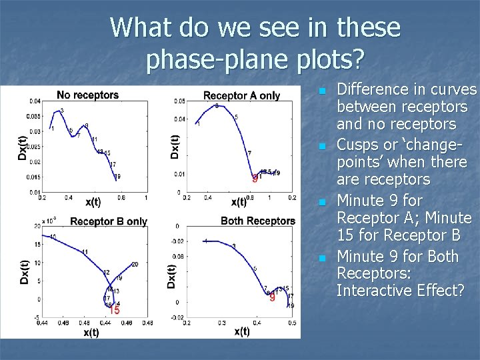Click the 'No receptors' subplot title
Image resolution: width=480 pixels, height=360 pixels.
pos(87,95)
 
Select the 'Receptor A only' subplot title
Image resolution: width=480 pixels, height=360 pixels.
pos(241,96)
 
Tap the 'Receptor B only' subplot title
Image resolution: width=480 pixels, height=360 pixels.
pos(108,221)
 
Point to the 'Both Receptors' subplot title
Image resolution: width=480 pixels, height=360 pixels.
pos(257,221)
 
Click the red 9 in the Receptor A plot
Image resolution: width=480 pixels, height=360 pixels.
pos(254,179)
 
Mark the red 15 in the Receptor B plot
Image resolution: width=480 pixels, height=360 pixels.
pos(114,310)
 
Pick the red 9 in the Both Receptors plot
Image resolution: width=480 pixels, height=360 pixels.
pos(272,298)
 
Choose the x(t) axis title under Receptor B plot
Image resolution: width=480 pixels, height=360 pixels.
pos(91,331)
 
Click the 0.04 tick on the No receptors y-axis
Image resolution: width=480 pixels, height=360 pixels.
pos(33,101)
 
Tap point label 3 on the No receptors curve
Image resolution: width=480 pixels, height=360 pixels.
pos(62,111)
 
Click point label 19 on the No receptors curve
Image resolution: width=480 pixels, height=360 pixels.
pos(117,177)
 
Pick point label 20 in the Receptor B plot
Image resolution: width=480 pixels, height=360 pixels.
pos(135,265)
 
